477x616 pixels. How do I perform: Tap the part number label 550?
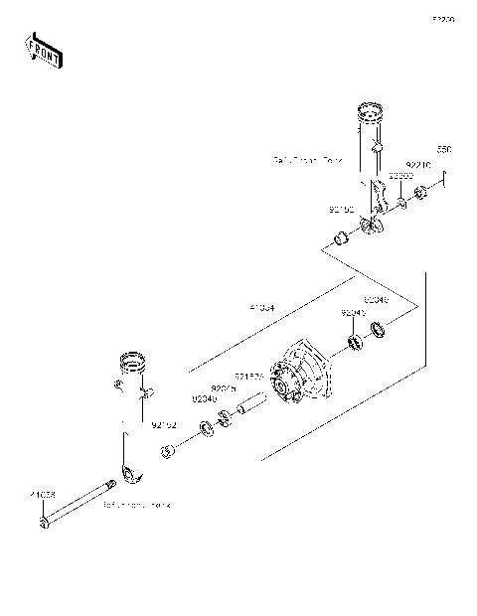444,149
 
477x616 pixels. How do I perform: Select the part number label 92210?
418,166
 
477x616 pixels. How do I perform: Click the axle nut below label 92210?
421,191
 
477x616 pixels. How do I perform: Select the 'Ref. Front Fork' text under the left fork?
136,505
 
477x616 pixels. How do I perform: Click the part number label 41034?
263,309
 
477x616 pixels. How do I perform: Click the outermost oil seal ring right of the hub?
380,332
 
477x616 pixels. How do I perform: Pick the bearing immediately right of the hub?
353,344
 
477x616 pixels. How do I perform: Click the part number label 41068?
42,493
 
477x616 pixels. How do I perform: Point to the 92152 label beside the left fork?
164,427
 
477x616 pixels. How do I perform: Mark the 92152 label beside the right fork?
341,210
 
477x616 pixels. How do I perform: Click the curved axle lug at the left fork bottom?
128,471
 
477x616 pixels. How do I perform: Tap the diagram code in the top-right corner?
442,18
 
